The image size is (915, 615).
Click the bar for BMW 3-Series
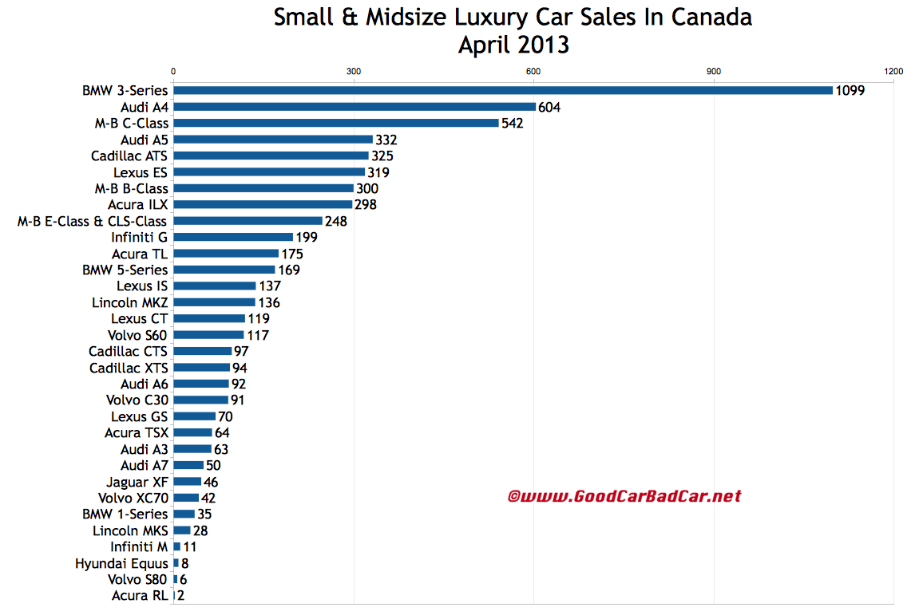coord(503,90)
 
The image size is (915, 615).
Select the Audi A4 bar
coord(355,107)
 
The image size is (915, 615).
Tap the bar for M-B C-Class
coord(336,123)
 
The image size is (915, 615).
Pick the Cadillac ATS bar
coord(271,156)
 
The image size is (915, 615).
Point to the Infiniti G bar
coord(233,237)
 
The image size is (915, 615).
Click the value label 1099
coord(850,91)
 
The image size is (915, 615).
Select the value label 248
coord(336,221)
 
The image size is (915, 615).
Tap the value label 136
coord(269,302)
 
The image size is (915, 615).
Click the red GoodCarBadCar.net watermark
coord(624,496)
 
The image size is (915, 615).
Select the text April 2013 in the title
coord(513,45)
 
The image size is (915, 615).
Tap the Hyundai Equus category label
coord(121,562)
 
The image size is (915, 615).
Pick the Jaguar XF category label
coord(137,481)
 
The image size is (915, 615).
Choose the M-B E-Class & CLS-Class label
coord(93,221)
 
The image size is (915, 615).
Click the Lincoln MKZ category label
coord(130,302)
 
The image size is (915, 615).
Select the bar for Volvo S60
coord(208,335)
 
